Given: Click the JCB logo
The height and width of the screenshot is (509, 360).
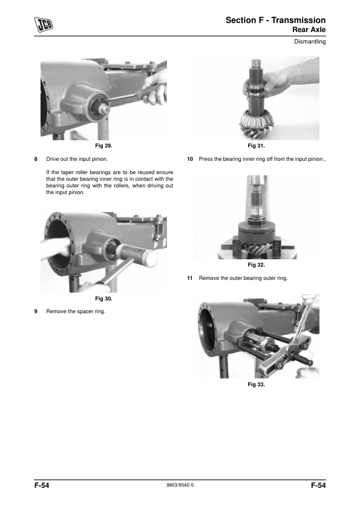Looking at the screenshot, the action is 44,25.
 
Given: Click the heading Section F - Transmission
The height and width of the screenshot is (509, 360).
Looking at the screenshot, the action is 275,20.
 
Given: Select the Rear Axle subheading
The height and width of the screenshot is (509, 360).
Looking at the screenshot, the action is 309,30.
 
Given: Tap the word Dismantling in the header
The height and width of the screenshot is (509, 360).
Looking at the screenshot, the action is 310,42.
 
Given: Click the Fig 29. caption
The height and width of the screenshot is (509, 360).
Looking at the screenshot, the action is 103,146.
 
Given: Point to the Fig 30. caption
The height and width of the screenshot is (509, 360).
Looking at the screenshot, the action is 103,298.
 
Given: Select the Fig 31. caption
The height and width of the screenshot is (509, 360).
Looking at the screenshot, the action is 257,146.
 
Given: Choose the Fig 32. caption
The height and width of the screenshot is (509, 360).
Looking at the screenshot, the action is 257,265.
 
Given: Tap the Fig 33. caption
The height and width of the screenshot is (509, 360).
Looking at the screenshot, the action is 257,384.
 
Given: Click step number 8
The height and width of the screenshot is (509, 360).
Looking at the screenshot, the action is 36,159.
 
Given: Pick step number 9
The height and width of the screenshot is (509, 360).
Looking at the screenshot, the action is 36,311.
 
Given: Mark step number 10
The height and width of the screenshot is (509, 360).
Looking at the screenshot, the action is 190,159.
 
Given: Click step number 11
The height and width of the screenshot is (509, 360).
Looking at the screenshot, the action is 190,278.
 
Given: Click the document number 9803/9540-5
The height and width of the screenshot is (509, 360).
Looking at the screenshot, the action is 180,485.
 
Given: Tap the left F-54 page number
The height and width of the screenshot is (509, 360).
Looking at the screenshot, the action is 42,485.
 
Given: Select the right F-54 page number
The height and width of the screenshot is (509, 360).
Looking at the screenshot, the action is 318,485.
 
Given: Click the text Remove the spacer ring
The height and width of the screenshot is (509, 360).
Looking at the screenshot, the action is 76,311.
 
